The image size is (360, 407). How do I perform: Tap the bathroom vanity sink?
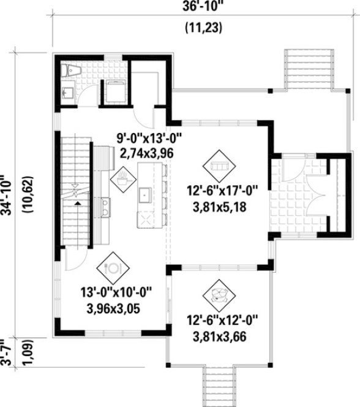coord(68,93)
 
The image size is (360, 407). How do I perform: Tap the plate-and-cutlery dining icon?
coord(113,268)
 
